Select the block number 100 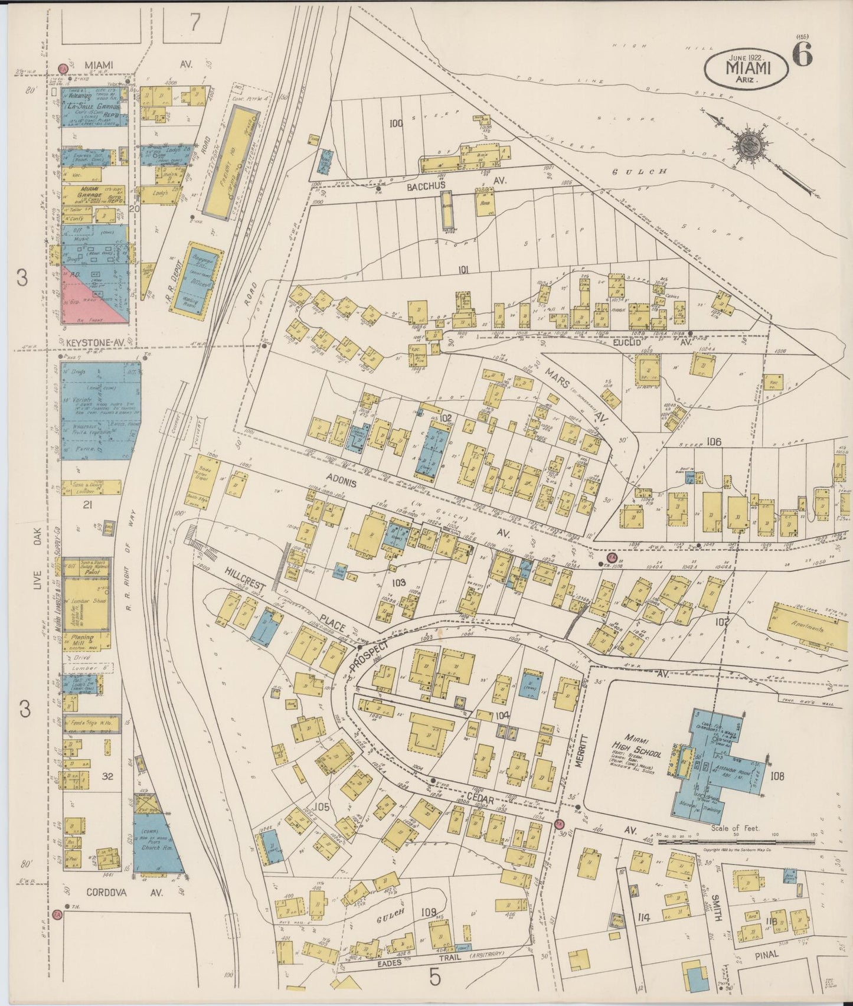pos(396,123)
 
